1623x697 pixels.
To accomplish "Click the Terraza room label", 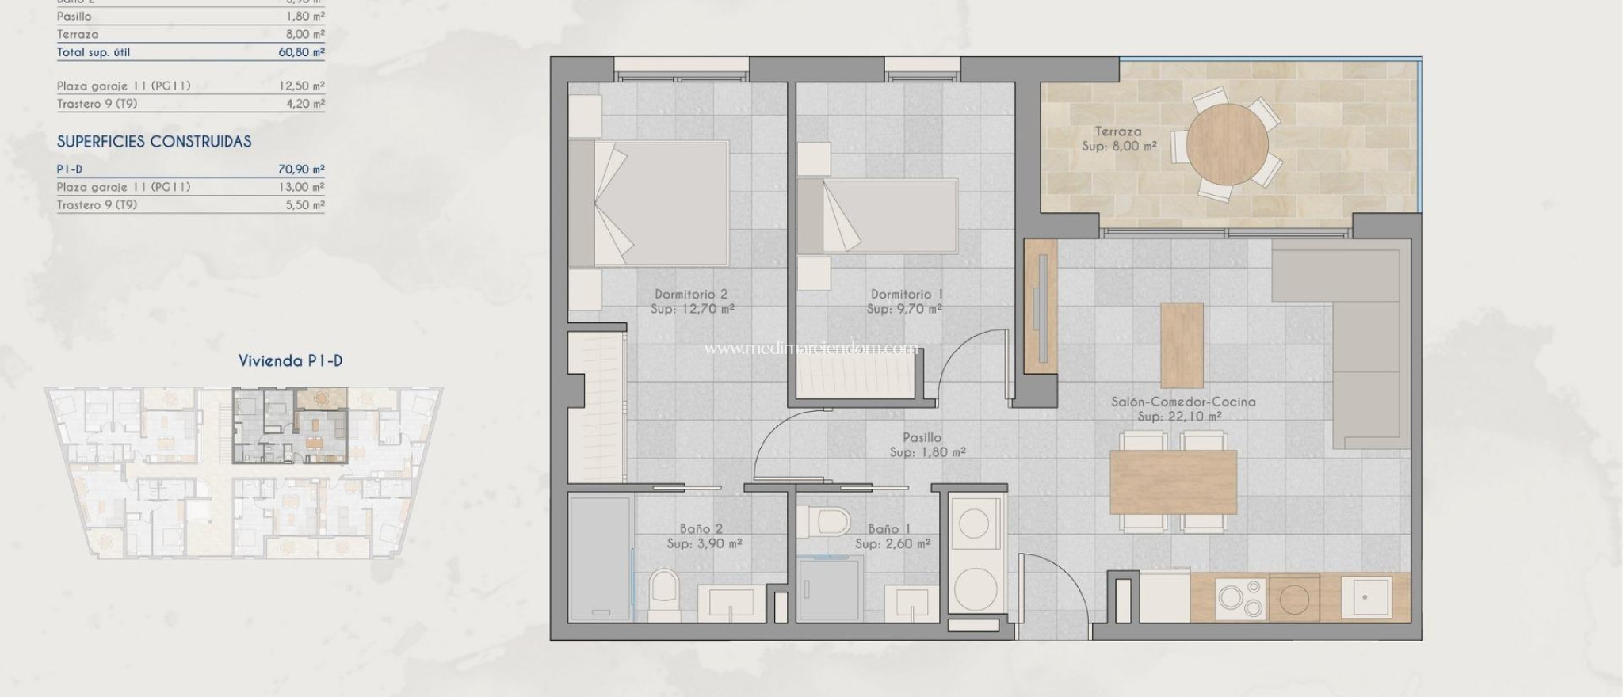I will click(x=1118, y=131).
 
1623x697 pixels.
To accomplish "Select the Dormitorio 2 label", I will click(x=690, y=295).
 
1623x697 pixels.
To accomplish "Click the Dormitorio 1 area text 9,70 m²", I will click(x=904, y=309).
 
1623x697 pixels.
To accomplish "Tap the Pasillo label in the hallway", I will click(x=922, y=437).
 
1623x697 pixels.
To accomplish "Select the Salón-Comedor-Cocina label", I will click(x=1183, y=402).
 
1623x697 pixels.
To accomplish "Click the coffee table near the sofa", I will click(x=1182, y=345).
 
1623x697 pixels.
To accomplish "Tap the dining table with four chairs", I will click(x=1174, y=482).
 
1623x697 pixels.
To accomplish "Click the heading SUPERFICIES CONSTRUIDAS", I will click(x=154, y=142).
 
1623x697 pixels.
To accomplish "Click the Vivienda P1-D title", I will click(x=290, y=361).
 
